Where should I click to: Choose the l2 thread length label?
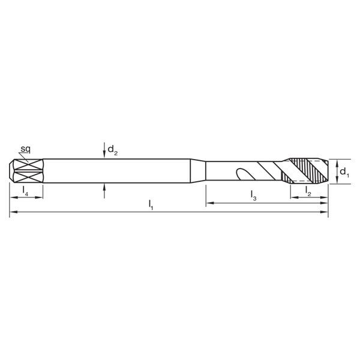pyautogui.click(x=308, y=191)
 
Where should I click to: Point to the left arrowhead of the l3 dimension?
pyautogui.click(x=210, y=204)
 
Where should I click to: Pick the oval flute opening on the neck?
pyautogui.click(x=244, y=175)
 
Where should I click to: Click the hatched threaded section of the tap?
pyautogui.click(x=307, y=171)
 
